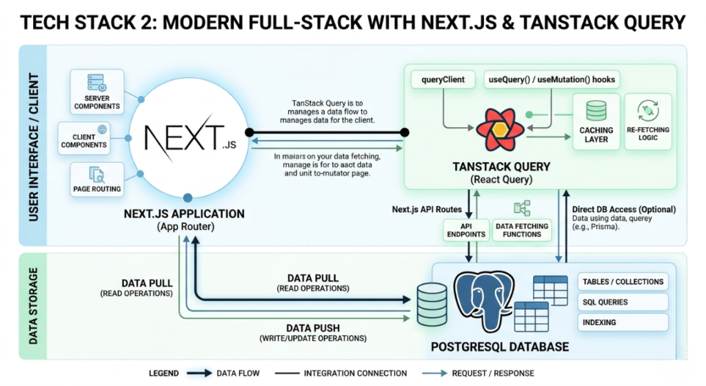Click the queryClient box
coord(443,79)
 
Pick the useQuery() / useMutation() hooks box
coord(551,79)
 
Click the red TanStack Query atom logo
coord(495,129)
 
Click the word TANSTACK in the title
coord(541,23)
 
